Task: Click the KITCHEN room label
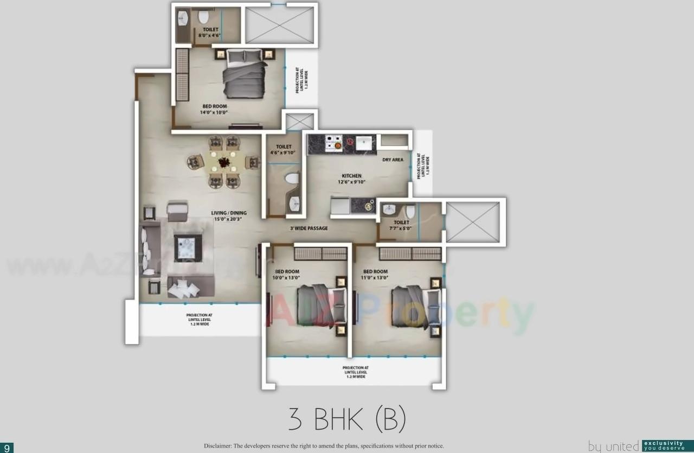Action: click(351, 176)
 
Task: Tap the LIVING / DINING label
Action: click(229, 213)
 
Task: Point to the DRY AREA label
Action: click(393, 160)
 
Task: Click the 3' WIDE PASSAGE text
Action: click(309, 228)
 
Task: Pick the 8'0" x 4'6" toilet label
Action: click(210, 35)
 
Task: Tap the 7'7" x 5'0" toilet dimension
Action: click(401, 229)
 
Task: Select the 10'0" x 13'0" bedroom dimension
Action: click(287, 278)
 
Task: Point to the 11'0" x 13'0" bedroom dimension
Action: click(375, 278)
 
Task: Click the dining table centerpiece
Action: click(224, 161)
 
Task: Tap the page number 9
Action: click(7, 448)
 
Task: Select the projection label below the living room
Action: click(198, 320)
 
